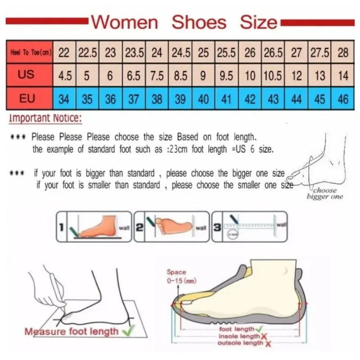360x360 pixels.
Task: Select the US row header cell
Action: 26,75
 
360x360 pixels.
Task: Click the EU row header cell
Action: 26,98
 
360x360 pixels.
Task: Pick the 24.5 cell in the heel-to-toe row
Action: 180,53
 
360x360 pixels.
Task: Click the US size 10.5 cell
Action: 273,76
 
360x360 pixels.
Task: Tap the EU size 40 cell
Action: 203,99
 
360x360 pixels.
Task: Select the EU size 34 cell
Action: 64,99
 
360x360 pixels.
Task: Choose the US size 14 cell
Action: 343,76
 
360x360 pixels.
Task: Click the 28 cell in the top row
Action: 343,53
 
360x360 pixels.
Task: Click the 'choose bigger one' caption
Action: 325,193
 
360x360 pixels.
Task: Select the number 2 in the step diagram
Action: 139,227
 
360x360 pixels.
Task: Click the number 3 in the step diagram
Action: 217,227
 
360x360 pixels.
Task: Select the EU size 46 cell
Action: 343,99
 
